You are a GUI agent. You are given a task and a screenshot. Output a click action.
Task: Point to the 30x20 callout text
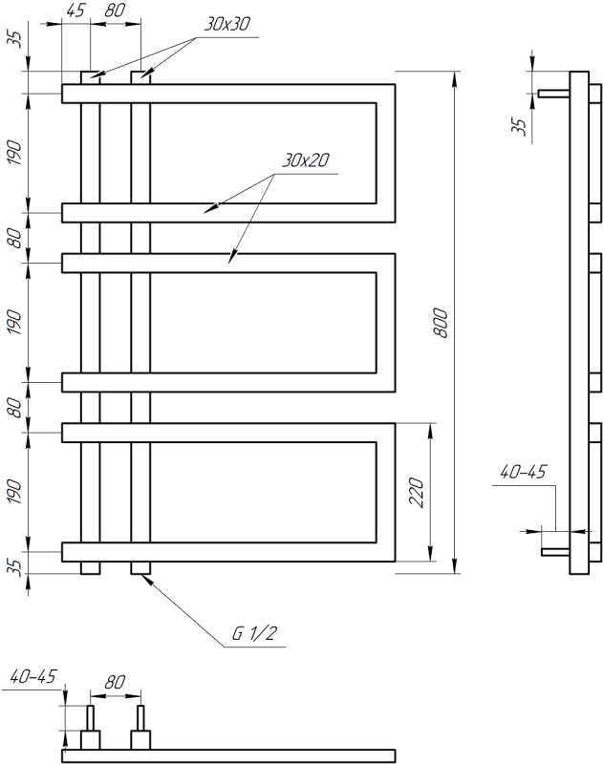coord(305,160)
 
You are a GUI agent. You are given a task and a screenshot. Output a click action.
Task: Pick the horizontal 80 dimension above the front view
coord(115,11)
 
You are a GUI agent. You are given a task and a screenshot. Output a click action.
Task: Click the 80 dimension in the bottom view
coord(115,683)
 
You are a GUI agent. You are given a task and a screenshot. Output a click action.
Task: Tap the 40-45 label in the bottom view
coord(32,678)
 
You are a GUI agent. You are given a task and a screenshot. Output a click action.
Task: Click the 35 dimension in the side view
coord(520,126)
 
